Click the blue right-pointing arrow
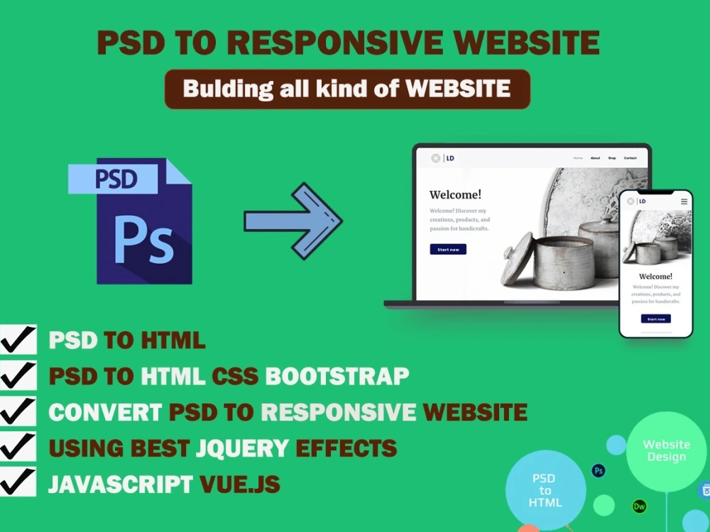click(293, 221)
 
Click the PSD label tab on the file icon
click(114, 179)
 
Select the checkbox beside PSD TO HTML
click(18, 340)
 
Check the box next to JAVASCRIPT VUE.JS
click(18, 482)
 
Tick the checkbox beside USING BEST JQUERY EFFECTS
click(18, 447)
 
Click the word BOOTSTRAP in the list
click(337, 376)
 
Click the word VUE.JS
click(239, 484)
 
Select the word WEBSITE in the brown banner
click(458, 89)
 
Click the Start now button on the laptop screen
click(448, 250)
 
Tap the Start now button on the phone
click(655, 319)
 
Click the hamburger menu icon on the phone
click(684, 201)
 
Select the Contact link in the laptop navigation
click(630, 158)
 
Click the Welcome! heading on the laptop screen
click(455, 195)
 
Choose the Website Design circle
click(666, 451)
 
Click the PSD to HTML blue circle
click(545, 490)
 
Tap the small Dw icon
click(640, 506)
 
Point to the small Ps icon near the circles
click(599, 470)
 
